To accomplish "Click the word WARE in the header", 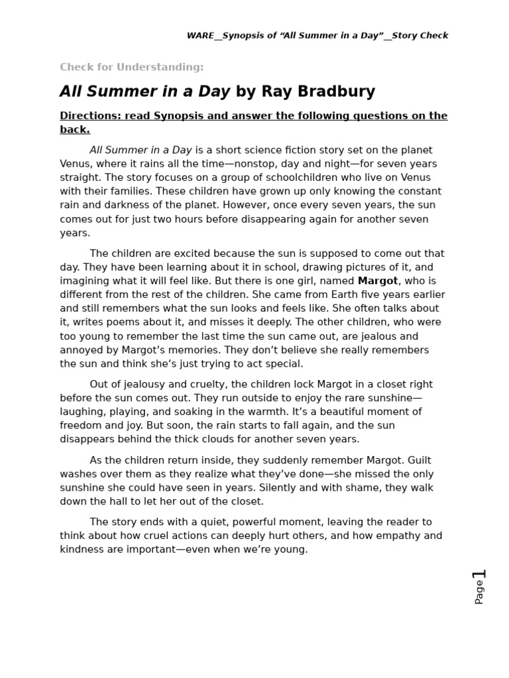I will tap(200, 36).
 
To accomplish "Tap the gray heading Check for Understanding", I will tap(131, 67).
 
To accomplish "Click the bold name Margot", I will tap(378, 281).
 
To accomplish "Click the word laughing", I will tap(84, 412).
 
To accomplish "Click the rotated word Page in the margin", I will tap(479, 593).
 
